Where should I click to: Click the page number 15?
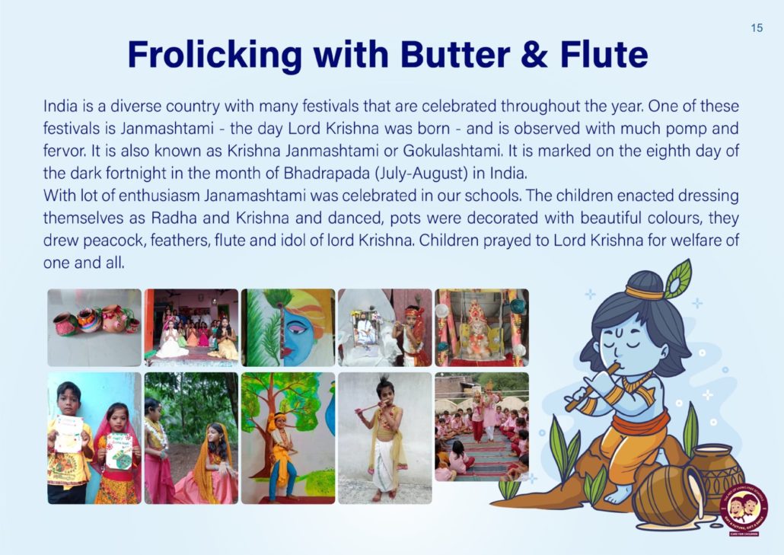[757, 28]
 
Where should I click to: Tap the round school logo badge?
[743, 510]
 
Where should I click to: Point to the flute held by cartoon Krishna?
[592, 387]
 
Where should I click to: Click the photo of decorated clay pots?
[94, 327]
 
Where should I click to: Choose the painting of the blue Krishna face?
[288, 327]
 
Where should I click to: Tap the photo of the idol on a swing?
[482, 327]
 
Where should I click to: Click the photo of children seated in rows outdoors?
[482, 426]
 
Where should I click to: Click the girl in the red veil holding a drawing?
[116, 452]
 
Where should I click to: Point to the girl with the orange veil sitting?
[212, 463]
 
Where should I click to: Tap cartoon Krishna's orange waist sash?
[640, 423]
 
